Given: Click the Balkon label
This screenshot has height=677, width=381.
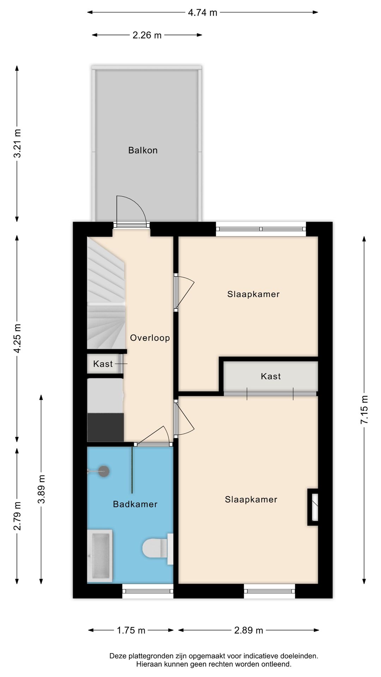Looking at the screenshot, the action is (x=143, y=150).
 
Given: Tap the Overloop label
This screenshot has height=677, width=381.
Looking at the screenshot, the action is (x=150, y=338).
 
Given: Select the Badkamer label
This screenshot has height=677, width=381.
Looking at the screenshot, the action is (x=135, y=504).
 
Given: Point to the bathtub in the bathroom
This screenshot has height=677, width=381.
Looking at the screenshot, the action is (x=100, y=556).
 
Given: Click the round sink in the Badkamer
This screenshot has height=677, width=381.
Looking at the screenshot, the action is (x=103, y=471).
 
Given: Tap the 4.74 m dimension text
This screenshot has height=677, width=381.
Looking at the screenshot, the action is (x=202, y=13).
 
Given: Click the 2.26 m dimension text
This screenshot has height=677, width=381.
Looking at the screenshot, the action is (x=147, y=35).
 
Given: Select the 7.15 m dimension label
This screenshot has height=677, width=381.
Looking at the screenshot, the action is (x=364, y=410).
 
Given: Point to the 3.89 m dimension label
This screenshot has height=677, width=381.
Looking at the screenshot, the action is (x=41, y=489).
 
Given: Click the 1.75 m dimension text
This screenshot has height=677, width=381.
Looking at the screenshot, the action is (x=131, y=630).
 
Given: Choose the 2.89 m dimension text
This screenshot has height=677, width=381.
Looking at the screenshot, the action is (x=249, y=630).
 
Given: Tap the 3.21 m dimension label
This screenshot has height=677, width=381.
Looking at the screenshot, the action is (x=17, y=144).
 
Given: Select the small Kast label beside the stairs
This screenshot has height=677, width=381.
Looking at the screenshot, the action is (x=103, y=364).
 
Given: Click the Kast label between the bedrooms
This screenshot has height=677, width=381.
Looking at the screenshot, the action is (x=271, y=376).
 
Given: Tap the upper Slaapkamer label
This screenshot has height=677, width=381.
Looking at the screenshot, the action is (x=253, y=294).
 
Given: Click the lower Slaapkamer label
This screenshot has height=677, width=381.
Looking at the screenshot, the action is (x=251, y=499).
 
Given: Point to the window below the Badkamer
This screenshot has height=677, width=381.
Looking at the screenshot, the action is (x=148, y=591).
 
